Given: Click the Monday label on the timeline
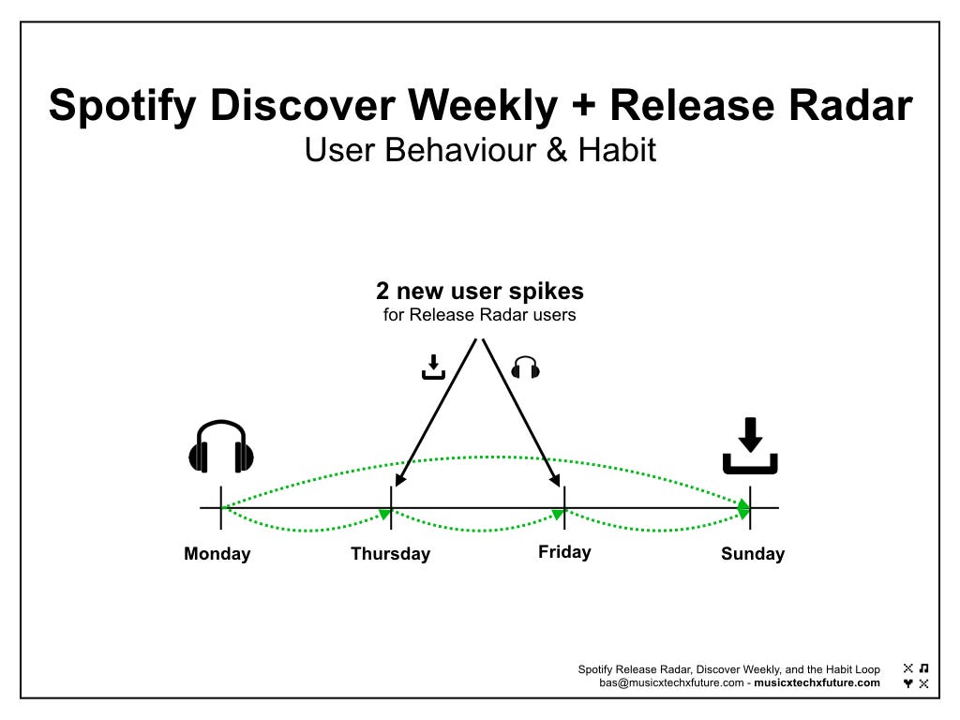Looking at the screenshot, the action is pos(217,553).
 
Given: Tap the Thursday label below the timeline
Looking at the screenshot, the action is pos(391,553).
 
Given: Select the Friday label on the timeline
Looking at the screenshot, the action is pos(564,552).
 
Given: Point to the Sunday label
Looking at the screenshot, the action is pos(753,553).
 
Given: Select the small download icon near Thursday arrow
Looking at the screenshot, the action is pos(433,367).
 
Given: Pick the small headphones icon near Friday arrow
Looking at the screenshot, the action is pos(525,367).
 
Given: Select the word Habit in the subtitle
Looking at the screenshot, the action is pos(617,150).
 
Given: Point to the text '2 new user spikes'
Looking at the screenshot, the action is pos(480,291).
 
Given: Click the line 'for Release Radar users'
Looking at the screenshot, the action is pos(479,315).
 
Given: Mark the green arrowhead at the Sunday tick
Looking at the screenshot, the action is pos(743,508).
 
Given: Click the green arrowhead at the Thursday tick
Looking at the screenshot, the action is pos(385,513).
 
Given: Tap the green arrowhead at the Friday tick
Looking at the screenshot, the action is pos(559,514).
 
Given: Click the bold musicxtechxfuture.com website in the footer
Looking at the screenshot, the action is pos(817,682).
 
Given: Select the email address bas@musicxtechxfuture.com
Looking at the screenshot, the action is pos(671,682).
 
